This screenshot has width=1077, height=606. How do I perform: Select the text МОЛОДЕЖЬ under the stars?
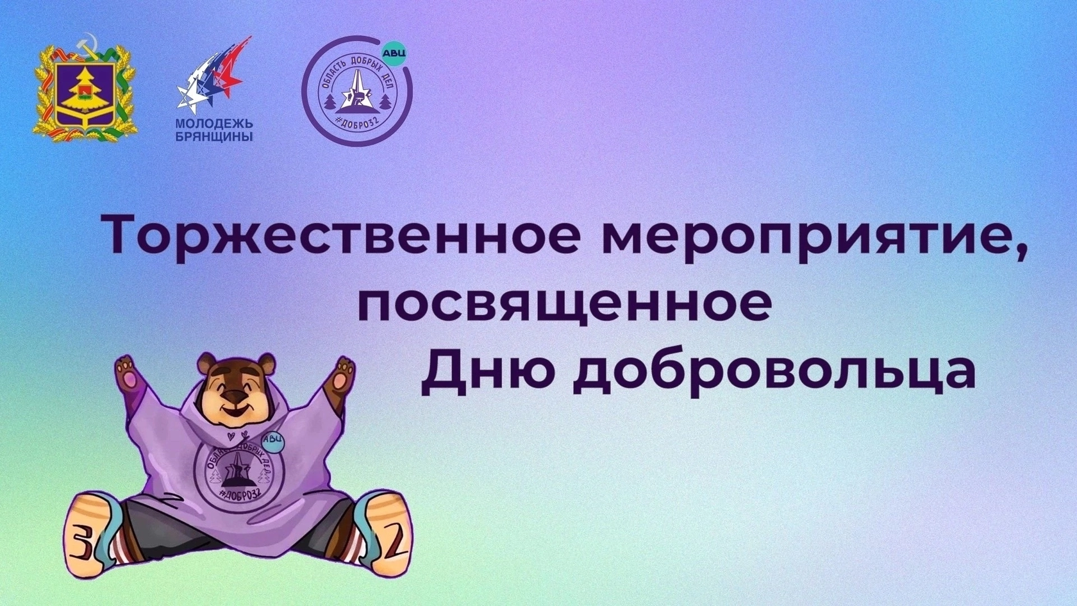(x=214, y=124)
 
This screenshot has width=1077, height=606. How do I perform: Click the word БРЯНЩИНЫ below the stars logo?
(x=214, y=137)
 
